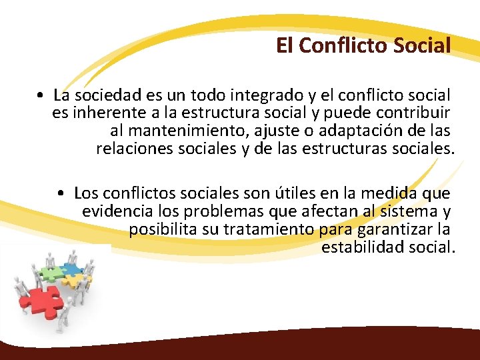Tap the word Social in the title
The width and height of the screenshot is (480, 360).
click(422, 45)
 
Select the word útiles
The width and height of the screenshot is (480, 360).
click(293, 193)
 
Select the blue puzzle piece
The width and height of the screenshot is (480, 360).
click(69, 269)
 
